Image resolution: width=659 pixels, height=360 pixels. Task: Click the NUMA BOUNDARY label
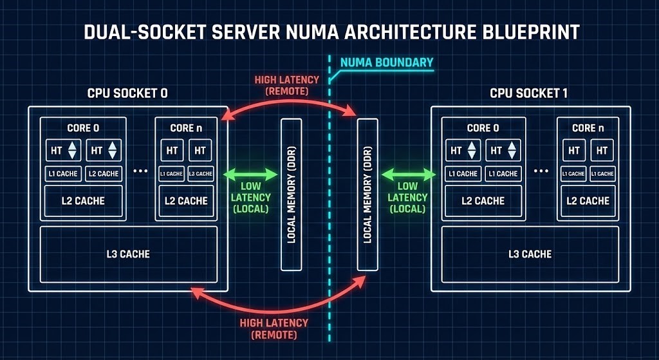coord(385,63)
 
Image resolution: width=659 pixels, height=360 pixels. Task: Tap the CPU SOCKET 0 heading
coord(127,93)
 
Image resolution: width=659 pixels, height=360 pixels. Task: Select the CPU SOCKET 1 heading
coord(528,93)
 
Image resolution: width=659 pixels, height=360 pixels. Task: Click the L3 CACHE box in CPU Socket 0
coord(127,254)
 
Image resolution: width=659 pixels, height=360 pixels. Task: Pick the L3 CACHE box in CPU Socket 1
coord(530,254)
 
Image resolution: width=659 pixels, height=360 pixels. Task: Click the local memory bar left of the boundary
coord(292,194)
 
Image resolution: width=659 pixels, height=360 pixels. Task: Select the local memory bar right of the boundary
coord(367,194)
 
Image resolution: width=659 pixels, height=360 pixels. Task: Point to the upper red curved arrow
coord(290,105)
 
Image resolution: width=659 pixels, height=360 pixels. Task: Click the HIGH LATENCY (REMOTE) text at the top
coord(286,85)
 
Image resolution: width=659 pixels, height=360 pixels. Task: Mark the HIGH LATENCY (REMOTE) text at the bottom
coord(274,328)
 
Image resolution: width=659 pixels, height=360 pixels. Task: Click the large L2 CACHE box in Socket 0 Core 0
coord(83,200)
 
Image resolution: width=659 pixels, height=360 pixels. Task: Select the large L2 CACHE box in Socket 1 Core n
coord(588,200)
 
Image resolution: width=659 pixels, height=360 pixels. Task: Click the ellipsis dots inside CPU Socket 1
coord(542,172)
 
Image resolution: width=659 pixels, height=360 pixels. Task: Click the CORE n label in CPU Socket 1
coord(588,128)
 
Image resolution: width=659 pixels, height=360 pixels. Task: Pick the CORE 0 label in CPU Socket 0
coord(83,128)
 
